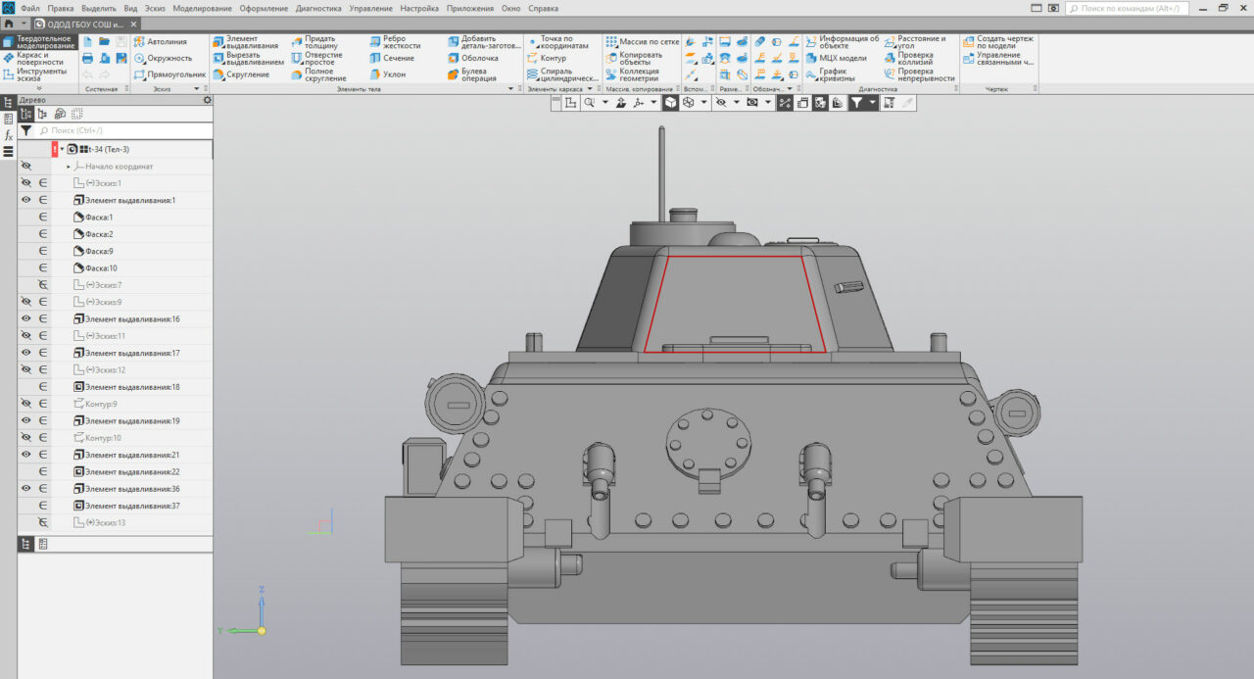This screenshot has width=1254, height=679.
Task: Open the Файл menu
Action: pyautogui.click(x=29, y=8)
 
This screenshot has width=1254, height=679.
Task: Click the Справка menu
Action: pyautogui.click(x=543, y=8)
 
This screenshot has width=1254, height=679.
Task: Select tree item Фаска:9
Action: pyautogui.click(x=98, y=251)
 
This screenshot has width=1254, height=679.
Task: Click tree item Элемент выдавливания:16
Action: pyautogui.click(x=131, y=319)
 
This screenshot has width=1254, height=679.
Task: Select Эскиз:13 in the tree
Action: pyautogui.click(x=107, y=522)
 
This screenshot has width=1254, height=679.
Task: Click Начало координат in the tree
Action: pyautogui.click(x=119, y=167)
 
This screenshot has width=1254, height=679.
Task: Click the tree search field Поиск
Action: pyautogui.click(x=127, y=129)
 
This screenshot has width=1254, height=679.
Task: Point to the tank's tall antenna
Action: pyautogui.click(x=662, y=167)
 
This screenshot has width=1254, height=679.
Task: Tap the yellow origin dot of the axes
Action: pyautogui.click(x=262, y=630)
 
